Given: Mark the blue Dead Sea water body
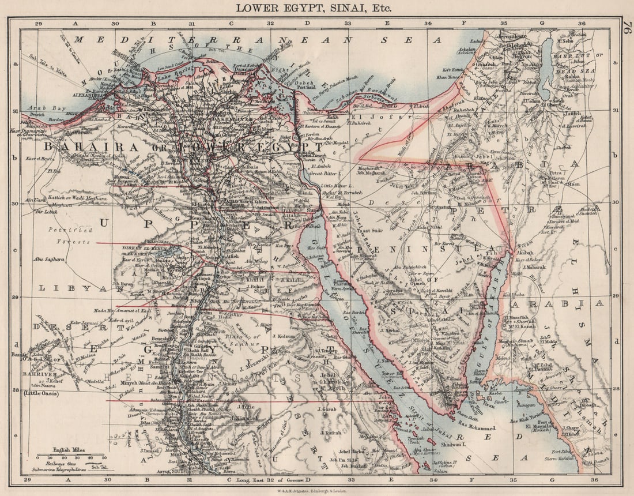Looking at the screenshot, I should coord(546,61).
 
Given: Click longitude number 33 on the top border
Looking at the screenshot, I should coord(348,23).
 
